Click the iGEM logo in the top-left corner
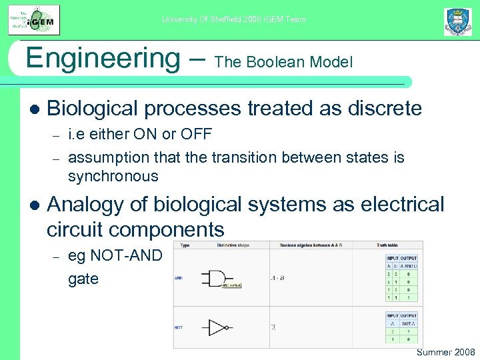[34, 19]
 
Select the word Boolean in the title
[272, 63]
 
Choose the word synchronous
[113, 177]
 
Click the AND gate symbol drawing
[220, 277]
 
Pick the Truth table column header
[391, 245]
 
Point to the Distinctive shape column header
[233, 245]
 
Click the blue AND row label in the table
[178, 277]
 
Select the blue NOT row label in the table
[178, 327]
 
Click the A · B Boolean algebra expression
[277, 277]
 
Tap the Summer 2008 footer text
[445, 352]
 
